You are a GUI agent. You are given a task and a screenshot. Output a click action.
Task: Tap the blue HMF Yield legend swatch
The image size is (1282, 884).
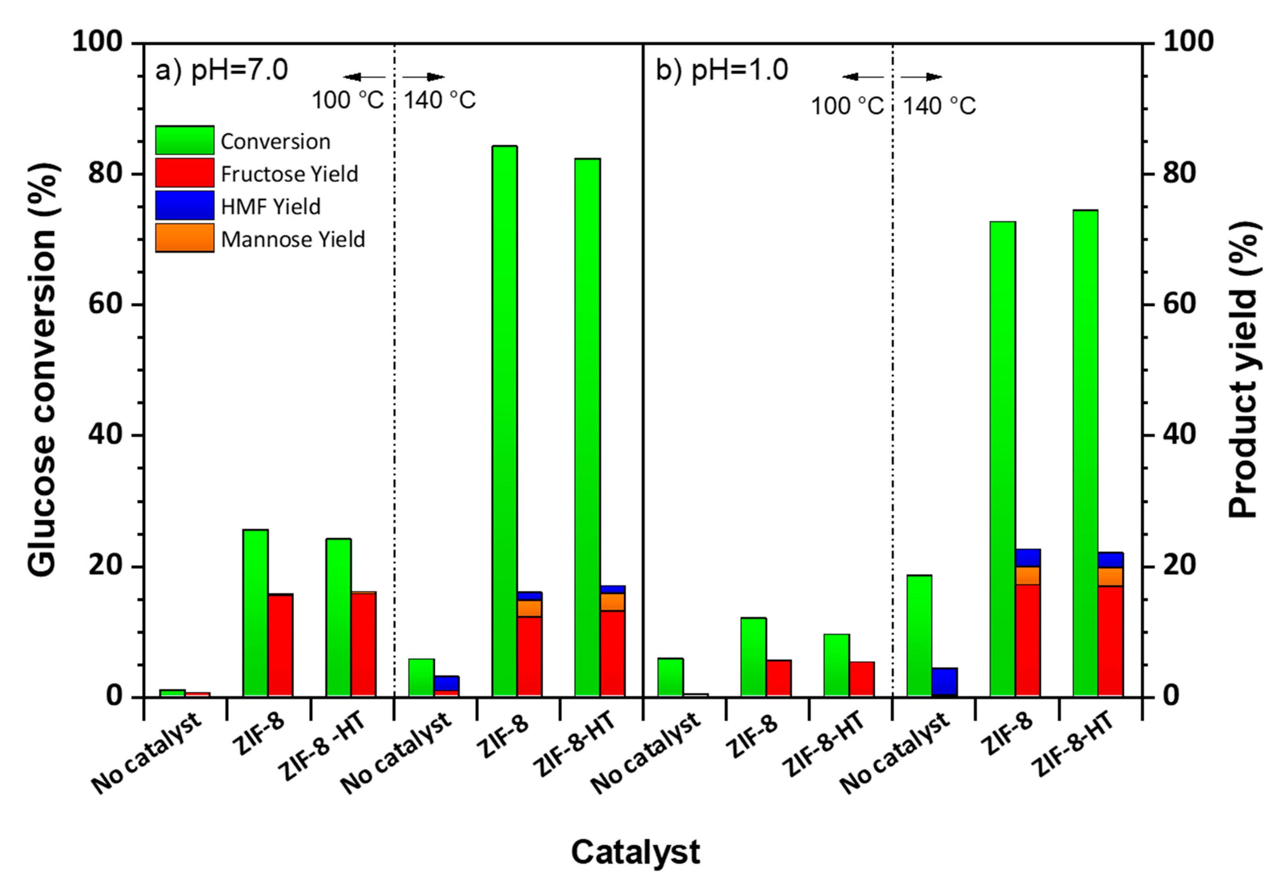184,205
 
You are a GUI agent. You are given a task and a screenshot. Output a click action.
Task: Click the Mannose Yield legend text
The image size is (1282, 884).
293,239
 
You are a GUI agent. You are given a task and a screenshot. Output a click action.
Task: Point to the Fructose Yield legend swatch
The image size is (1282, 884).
184,173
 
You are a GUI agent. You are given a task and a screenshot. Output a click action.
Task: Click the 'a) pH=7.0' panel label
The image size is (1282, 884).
221,71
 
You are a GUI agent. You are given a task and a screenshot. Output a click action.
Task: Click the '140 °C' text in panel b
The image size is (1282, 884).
939,105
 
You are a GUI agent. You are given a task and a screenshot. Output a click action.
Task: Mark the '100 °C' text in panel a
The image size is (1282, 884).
347,100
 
